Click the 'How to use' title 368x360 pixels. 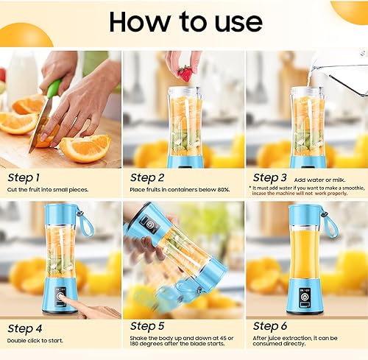coord(183,22)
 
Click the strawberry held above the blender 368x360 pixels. coord(185,74)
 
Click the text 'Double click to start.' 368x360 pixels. coord(36,340)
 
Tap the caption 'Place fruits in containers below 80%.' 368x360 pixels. coord(180,190)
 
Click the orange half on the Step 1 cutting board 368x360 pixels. coord(85,147)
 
